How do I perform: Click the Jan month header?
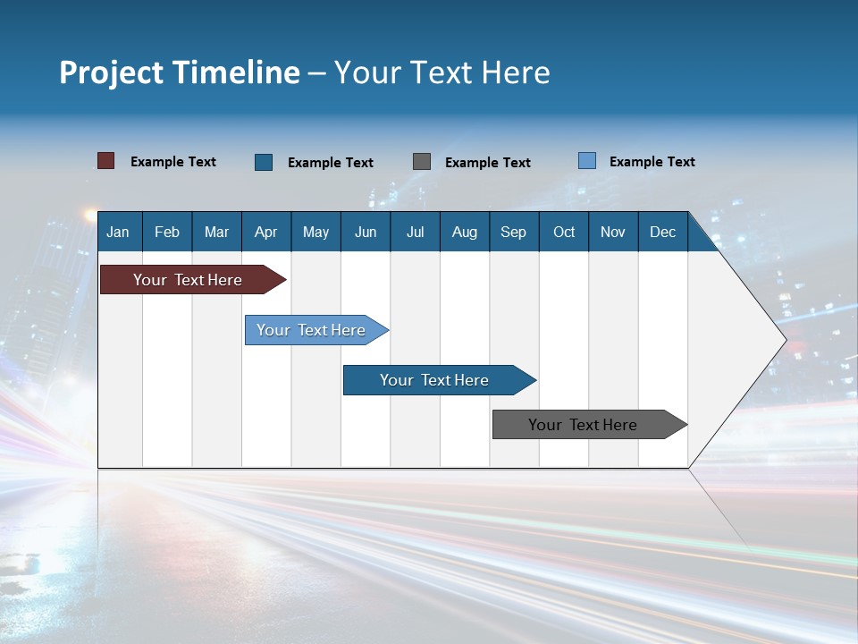118,232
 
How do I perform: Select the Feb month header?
167,232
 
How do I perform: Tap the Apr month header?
265,232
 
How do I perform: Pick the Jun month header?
366,232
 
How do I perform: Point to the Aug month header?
464,232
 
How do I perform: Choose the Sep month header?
513,232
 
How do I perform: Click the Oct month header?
564,232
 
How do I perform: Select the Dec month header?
662,232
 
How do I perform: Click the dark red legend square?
106,161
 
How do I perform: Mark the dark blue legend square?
264,162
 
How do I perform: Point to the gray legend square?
422,162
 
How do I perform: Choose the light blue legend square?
587,161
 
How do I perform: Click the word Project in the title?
113,72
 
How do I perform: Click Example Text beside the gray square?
487,163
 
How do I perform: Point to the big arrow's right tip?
785,340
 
